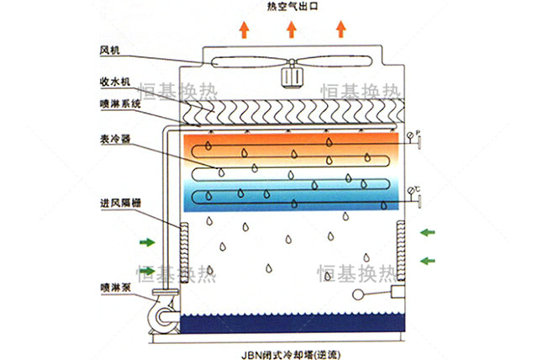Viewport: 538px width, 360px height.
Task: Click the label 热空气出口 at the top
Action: [293, 7]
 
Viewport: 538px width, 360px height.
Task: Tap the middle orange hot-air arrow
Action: [292, 29]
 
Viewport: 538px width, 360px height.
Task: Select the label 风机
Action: [109, 50]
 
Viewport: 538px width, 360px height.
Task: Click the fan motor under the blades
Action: [292, 77]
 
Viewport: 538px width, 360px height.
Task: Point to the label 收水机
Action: [115, 82]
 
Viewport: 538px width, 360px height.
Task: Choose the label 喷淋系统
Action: [120, 103]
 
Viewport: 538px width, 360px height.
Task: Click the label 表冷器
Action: [115, 139]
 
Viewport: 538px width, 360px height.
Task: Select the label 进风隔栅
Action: [120, 203]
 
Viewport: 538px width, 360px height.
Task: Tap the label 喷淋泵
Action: [116, 288]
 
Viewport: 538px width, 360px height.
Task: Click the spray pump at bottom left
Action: [164, 314]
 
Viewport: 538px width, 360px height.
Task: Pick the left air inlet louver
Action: [184, 253]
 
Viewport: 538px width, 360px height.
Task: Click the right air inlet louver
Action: [401, 251]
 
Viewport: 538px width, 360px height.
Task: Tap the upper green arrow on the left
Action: [147, 242]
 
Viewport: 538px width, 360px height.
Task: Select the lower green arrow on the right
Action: [428, 261]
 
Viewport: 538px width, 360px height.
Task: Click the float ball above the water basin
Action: [358, 294]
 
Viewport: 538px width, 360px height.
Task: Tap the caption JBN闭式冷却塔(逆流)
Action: [292, 354]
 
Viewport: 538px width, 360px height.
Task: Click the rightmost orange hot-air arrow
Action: [340, 29]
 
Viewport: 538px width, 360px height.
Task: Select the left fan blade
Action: [250, 62]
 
